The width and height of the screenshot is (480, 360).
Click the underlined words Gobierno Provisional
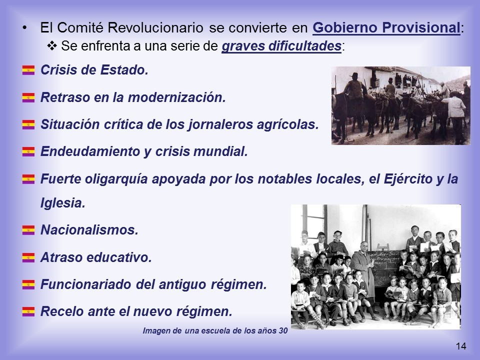point(386,28)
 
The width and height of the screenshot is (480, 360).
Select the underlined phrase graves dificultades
point(281,46)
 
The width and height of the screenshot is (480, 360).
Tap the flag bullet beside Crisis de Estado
point(28,70)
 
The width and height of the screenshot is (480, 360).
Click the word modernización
point(176,97)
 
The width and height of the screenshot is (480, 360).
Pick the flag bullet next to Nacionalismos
point(28,230)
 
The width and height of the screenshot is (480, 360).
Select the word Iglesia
point(63,203)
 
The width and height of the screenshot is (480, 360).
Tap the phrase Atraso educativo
point(96,257)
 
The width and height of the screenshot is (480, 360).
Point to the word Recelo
point(62,311)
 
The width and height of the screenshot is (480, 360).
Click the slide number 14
point(461,346)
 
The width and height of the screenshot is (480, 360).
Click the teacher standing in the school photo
point(363,271)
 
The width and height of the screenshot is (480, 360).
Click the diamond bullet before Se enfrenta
point(52,45)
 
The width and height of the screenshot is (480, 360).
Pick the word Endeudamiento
point(90,151)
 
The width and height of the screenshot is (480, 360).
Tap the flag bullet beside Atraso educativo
point(28,257)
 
